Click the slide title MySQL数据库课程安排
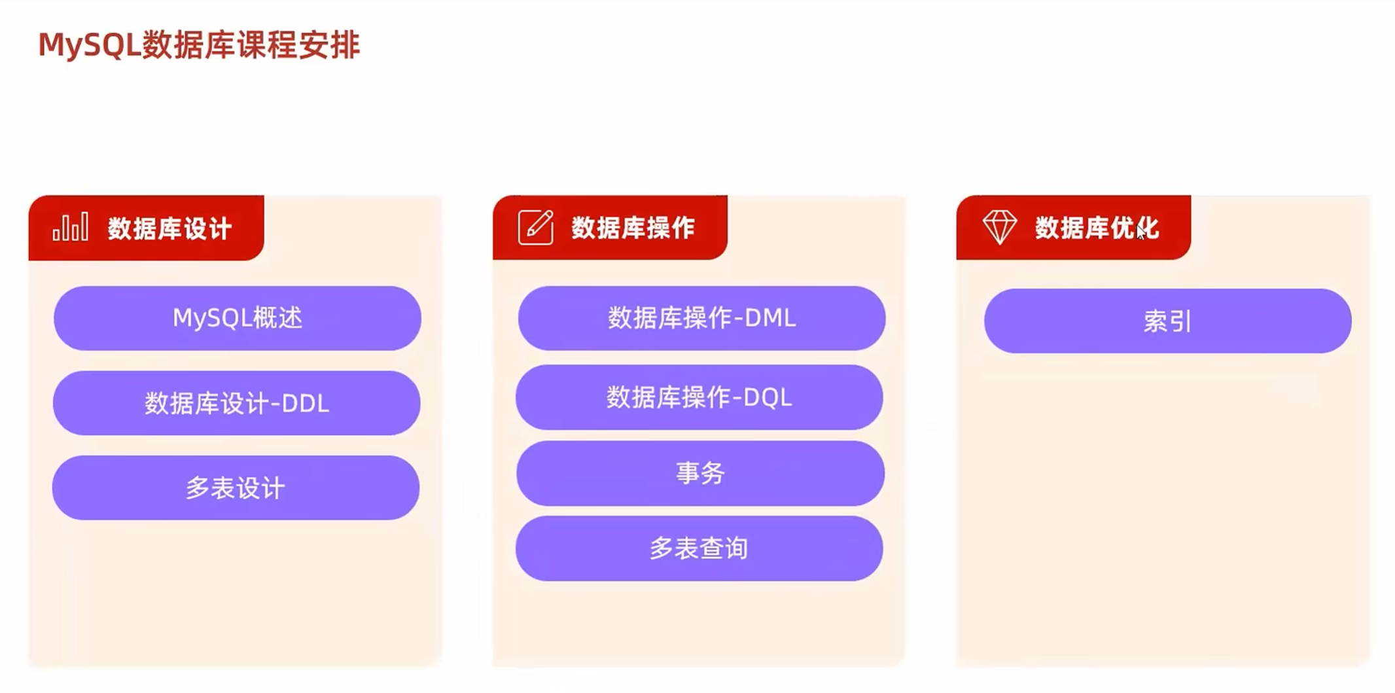(199, 45)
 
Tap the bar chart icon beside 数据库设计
(71, 227)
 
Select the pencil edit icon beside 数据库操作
(535, 227)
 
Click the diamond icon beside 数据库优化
(999, 227)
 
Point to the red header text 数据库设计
(169, 229)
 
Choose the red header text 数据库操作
(633, 228)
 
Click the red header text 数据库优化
(1096, 228)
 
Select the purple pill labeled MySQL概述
(237, 318)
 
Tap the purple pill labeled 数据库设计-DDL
(236, 403)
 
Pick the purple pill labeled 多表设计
(236, 488)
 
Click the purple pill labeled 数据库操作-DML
(701, 318)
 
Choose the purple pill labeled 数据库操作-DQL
(699, 397)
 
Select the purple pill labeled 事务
(700, 472)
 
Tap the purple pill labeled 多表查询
(699, 548)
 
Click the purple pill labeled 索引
(1167, 321)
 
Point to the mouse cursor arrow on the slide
(1140, 232)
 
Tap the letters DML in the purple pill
(770, 319)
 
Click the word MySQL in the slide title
(90, 45)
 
